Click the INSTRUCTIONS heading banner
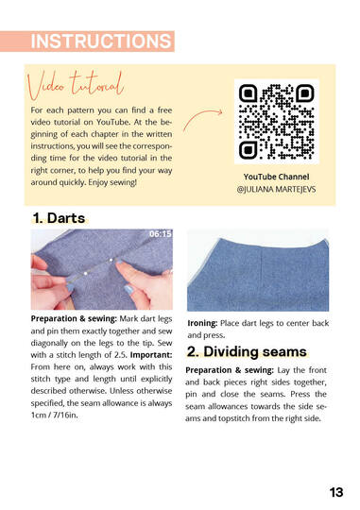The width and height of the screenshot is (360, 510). (x=100, y=41)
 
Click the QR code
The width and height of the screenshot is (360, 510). (x=276, y=122)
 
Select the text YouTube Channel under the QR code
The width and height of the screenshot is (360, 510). (x=276, y=177)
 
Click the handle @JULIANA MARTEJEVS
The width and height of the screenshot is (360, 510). (x=277, y=190)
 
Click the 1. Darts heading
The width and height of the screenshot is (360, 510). (x=59, y=218)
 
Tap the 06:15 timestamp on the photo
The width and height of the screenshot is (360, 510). (x=160, y=234)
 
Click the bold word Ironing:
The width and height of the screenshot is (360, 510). (x=208, y=323)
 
